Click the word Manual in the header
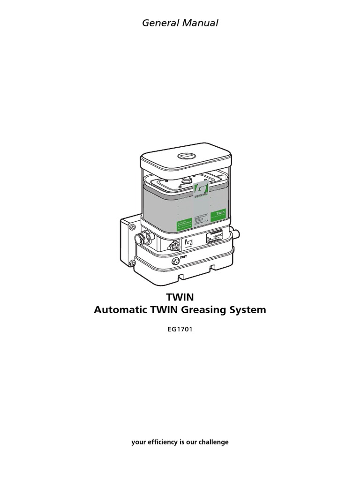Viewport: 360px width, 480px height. click(x=201, y=23)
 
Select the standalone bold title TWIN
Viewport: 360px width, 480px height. click(x=180, y=297)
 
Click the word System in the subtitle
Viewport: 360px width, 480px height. click(x=248, y=310)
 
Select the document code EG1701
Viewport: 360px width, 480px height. click(x=180, y=330)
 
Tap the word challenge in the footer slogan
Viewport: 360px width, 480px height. click(x=213, y=442)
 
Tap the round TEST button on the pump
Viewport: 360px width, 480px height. click(x=176, y=261)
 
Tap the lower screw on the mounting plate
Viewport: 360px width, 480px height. click(x=132, y=264)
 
